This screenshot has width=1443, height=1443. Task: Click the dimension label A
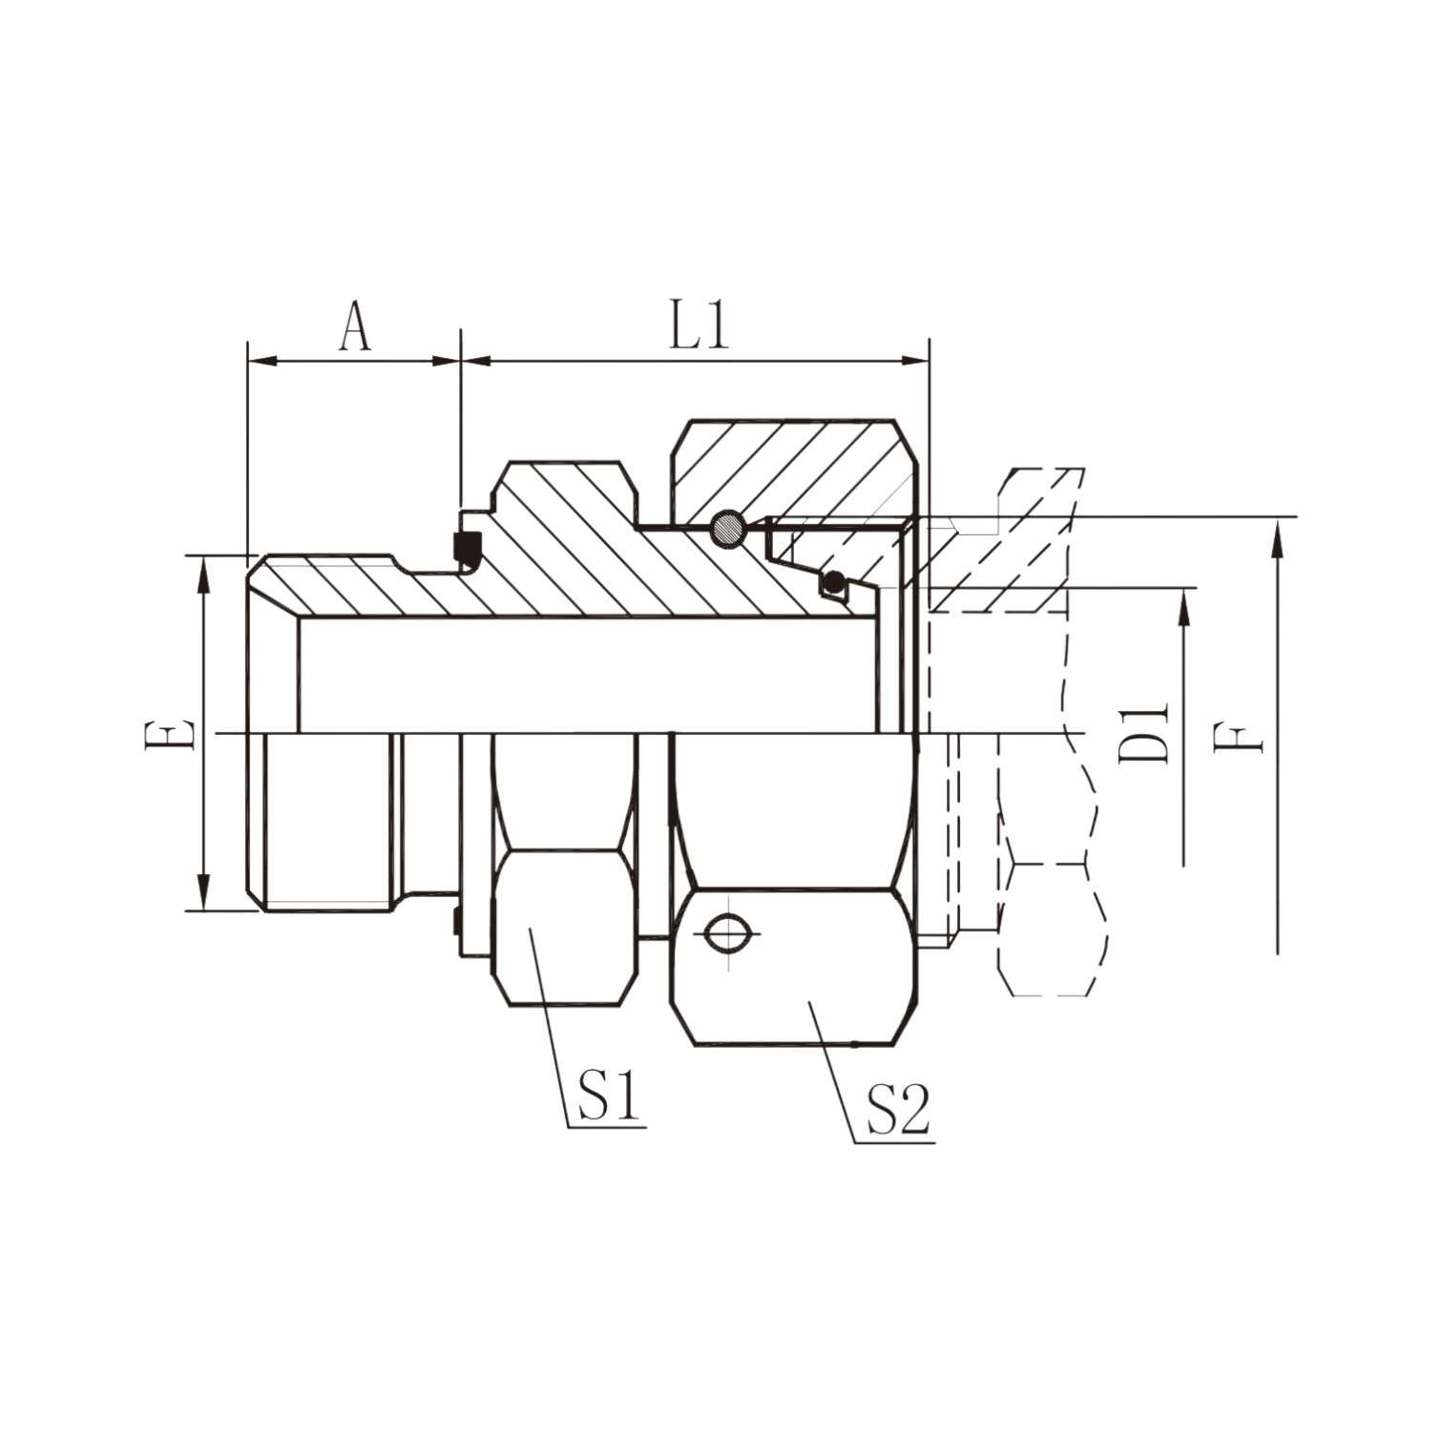(355, 328)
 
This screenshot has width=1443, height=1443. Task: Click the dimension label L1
(699, 328)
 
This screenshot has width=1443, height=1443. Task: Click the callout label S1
(608, 1099)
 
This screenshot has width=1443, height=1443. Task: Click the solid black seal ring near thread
(467, 545)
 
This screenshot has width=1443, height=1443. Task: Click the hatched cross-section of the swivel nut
(792, 468)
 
